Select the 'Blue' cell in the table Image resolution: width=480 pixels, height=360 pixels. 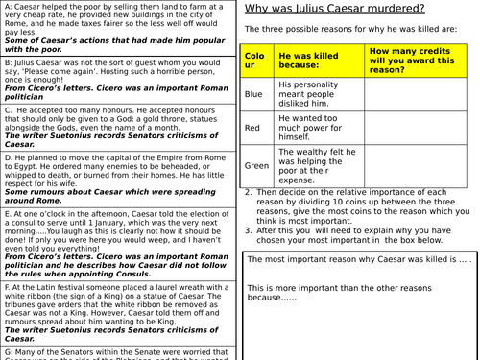tap(253, 94)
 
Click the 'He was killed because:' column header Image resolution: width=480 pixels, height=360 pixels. tap(308, 58)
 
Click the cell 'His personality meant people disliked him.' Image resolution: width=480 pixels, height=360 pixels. tap(306, 94)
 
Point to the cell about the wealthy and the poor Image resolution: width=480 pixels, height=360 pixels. tap(306, 164)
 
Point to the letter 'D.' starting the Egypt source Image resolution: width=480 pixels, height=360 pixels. tap(9, 152)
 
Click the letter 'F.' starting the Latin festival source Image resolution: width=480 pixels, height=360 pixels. tap(8, 287)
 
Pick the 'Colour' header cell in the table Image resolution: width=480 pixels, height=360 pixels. tap(254, 58)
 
